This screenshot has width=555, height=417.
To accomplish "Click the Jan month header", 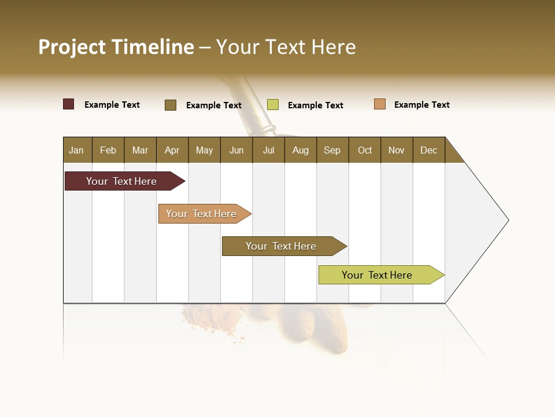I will pyautogui.click(x=77, y=150).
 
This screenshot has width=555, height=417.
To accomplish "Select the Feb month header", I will pyautogui.click(x=108, y=150).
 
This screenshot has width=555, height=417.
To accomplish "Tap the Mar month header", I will pyautogui.click(x=140, y=150).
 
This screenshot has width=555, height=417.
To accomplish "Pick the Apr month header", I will pyautogui.click(x=172, y=150).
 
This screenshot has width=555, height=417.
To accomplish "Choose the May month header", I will pyautogui.click(x=204, y=150).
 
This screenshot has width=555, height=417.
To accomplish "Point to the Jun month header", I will pyautogui.click(x=236, y=150).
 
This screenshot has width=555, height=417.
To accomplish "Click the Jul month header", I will pyautogui.click(x=268, y=150).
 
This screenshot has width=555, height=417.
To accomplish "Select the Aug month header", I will pyautogui.click(x=301, y=150).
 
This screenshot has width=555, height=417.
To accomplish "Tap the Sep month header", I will pyautogui.click(x=332, y=150).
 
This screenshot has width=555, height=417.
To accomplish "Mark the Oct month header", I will pyautogui.click(x=365, y=150).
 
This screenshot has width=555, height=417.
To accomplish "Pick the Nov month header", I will pyautogui.click(x=397, y=150).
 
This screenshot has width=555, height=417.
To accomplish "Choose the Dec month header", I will pyautogui.click(x=429, y=150).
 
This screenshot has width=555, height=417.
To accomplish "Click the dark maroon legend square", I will pyautogui.click(x=69, y=104).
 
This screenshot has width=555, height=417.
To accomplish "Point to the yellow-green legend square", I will pyautogui.click(x=273, y=105).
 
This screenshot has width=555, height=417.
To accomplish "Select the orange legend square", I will pyautogui.click(x=380, y=104).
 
